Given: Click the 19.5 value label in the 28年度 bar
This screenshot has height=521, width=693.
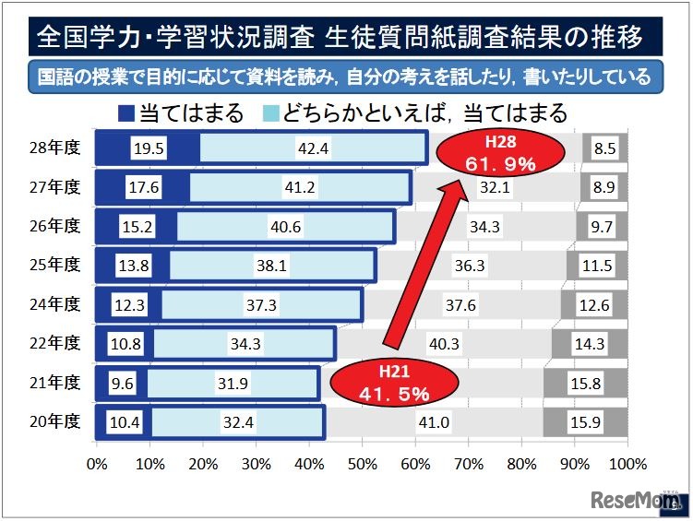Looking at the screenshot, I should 148,148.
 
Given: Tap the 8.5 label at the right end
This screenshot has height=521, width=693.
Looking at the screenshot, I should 605,148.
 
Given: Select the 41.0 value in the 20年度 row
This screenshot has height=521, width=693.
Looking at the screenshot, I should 434,422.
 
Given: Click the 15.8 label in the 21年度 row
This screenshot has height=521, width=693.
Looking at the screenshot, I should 588,383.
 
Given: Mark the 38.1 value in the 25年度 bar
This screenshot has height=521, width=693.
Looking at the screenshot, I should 272,266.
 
